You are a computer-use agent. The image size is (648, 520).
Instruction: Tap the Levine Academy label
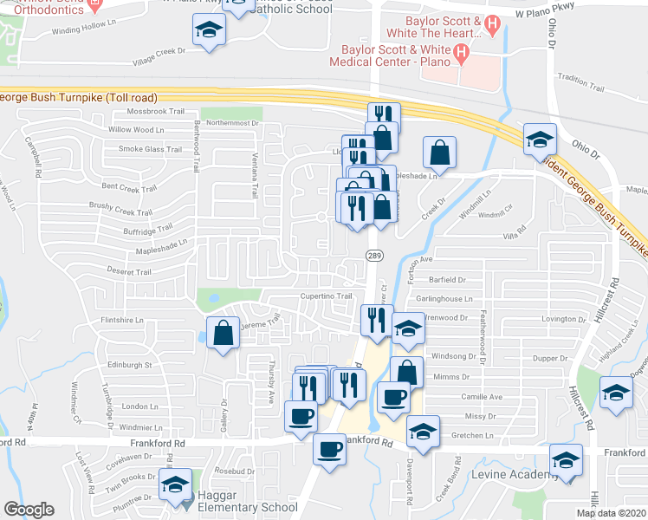[x=515, y=475]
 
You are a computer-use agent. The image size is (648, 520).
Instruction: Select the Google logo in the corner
[x=29, y=510]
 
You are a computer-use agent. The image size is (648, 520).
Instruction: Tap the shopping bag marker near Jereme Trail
[x=224, y=333]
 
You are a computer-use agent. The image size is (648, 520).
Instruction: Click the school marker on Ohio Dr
[x=539, y=139]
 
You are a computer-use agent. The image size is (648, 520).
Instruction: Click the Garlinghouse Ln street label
[x=444, y=299]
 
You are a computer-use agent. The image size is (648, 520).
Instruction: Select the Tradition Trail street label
[x=580, y=78]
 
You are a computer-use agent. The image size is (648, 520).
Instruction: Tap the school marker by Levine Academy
[x=566, y=459]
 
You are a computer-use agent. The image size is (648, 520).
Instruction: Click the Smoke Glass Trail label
[x=151, y=149]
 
